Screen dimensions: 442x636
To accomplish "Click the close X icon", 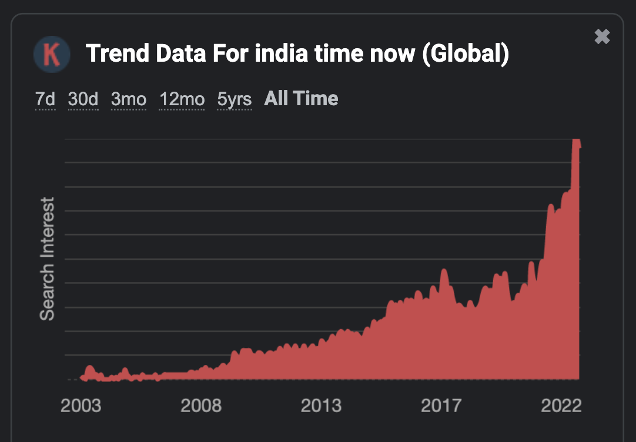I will click(x=602, y=37).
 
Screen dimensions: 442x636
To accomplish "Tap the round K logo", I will click(x=52, y=55).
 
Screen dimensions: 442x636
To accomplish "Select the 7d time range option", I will click(x=45, y=99).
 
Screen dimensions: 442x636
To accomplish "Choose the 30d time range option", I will click(x=83, y=99).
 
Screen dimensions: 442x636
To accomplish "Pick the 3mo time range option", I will click(x=129, y=99).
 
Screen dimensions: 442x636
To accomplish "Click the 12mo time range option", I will click(x=182, y=99).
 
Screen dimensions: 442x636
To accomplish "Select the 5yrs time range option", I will click(x=234, y=99).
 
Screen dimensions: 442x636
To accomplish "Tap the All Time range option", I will click(x=301, y=98).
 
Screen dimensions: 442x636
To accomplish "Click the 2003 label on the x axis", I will click(x=81, y=406).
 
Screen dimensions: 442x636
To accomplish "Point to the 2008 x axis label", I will click(x=202, y=406).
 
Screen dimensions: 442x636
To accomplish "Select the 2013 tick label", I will click(x=322, y=406).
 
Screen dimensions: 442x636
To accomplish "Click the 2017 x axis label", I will click(x=441, y=406).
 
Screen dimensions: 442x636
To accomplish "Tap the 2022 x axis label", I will click(x=561, y=406).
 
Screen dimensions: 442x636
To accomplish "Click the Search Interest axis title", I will click(x=47, y=259).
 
